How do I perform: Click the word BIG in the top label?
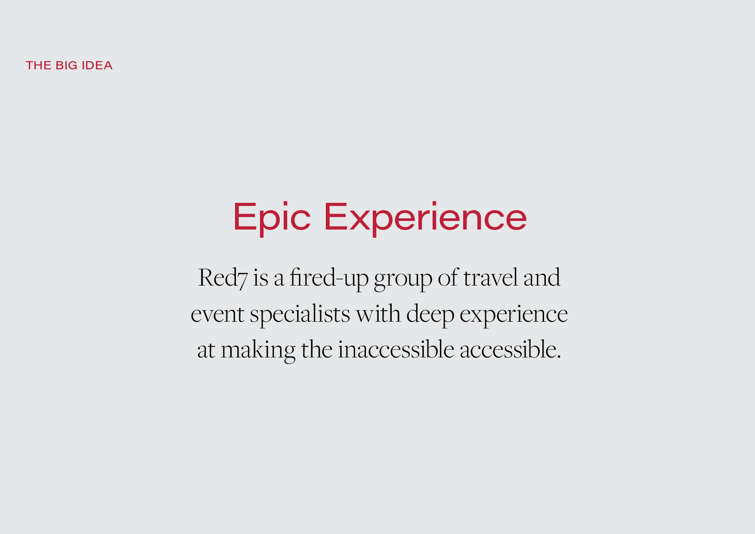66,65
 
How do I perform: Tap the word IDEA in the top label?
97,65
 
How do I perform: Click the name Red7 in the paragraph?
223,278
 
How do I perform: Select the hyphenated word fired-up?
329,278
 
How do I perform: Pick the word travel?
491,278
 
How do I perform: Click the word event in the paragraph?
218,314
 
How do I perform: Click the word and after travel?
542,278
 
